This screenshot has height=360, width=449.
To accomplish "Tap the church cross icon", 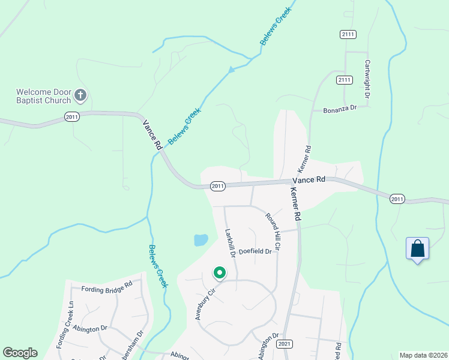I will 80,95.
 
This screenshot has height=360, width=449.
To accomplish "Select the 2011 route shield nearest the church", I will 72,117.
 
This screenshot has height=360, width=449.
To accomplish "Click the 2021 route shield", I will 285,344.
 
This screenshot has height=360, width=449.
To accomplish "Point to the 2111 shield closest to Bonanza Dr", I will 344,80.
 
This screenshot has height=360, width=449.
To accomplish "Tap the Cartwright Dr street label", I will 366,79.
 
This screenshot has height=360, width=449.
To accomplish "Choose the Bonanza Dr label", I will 340,109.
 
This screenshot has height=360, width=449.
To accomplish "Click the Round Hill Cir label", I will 273,231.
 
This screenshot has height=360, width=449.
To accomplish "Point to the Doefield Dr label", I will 255,252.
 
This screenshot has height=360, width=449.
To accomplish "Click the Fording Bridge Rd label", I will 106,287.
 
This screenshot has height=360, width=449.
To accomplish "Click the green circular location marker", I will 220,274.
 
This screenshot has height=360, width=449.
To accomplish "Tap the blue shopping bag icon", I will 417,248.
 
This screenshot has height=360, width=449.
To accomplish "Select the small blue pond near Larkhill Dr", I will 200,240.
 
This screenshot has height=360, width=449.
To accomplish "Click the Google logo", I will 20,353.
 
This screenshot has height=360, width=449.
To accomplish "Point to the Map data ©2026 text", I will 423,355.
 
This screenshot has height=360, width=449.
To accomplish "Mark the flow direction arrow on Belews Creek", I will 231,71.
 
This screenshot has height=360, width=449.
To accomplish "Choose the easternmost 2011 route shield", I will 397,199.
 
